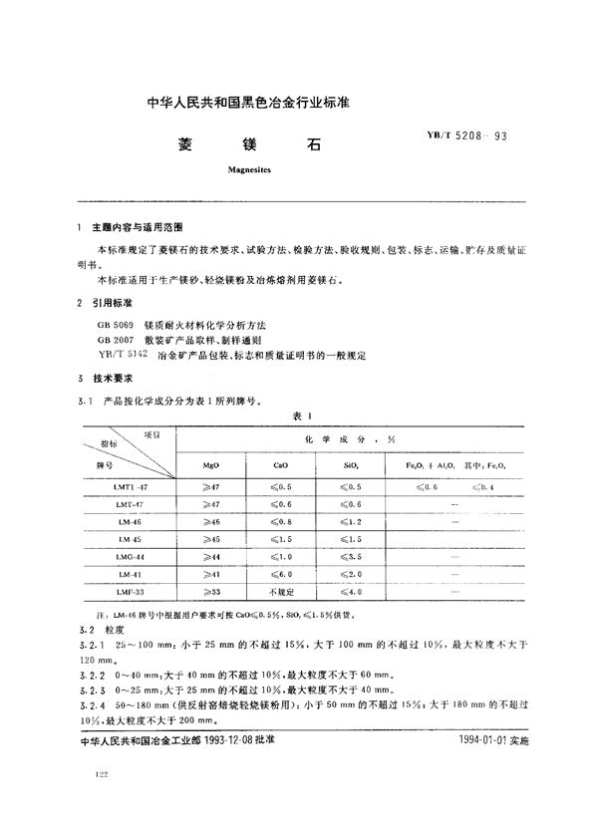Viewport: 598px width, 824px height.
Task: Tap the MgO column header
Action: pyautogui.click(x=211, y=464)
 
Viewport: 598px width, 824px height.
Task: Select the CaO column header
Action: pyautogui.click(x=281, y=464)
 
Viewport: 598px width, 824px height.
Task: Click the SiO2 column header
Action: pyautogui.click(x=352, y=464)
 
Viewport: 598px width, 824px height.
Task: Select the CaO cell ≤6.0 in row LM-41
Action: pyautogui.click(x=281, y=575)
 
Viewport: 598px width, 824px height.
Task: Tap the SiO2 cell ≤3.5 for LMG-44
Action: pyautogui.click(x=352, y=557)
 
